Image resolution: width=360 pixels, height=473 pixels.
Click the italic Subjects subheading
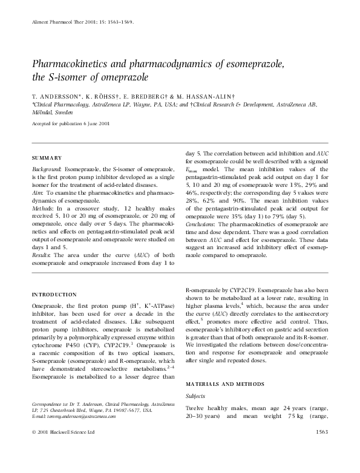point(195,396)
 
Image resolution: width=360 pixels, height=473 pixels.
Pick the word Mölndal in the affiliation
point(43,111)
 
